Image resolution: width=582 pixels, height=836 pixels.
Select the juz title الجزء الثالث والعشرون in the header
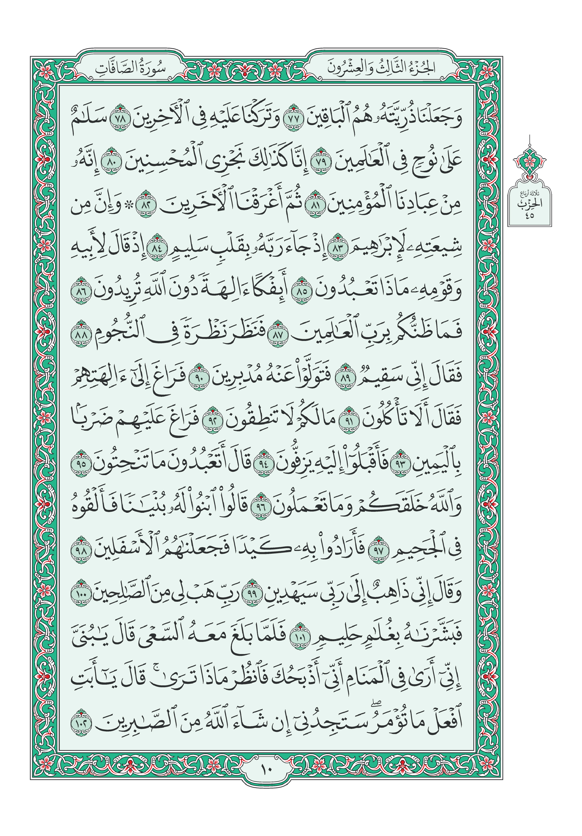pyautogui.click(x=381, y=68)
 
